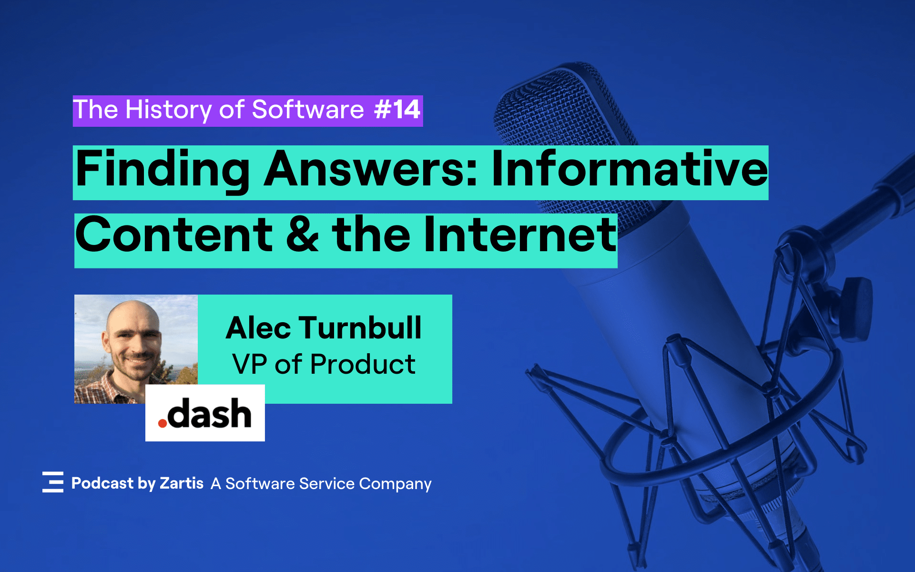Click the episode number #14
(397, 110)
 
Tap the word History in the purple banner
(169, 110)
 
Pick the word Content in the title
(174, 235)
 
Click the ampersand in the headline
(302, 235)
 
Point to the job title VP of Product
(324, 365)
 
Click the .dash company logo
(205, 413)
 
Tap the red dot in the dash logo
(163, 423)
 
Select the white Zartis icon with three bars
(53, 482)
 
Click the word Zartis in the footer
(182, 483)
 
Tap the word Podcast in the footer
(102, 483)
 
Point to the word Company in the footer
(395, 484)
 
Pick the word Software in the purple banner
(308, 110)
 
